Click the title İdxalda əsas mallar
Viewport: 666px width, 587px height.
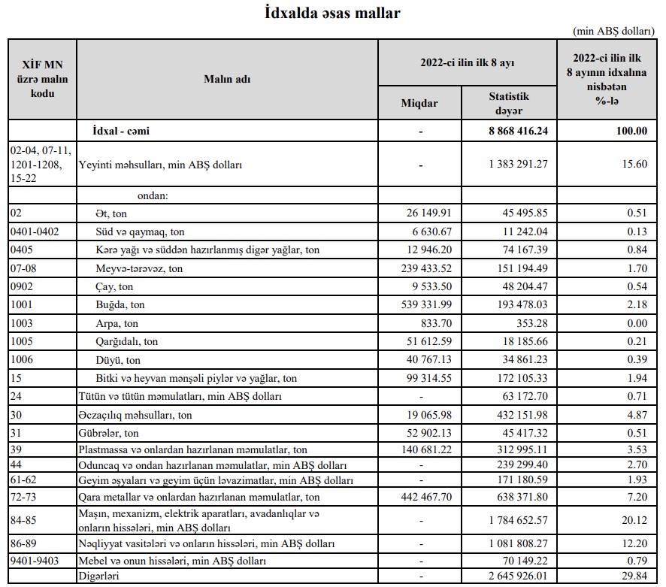click(332, 13)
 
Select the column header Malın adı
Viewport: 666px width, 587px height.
click(226, 79)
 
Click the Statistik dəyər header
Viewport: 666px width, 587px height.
click(509, 103)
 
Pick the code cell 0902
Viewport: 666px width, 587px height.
click(22, 287)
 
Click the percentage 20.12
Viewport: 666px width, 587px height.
click(634, 519)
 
